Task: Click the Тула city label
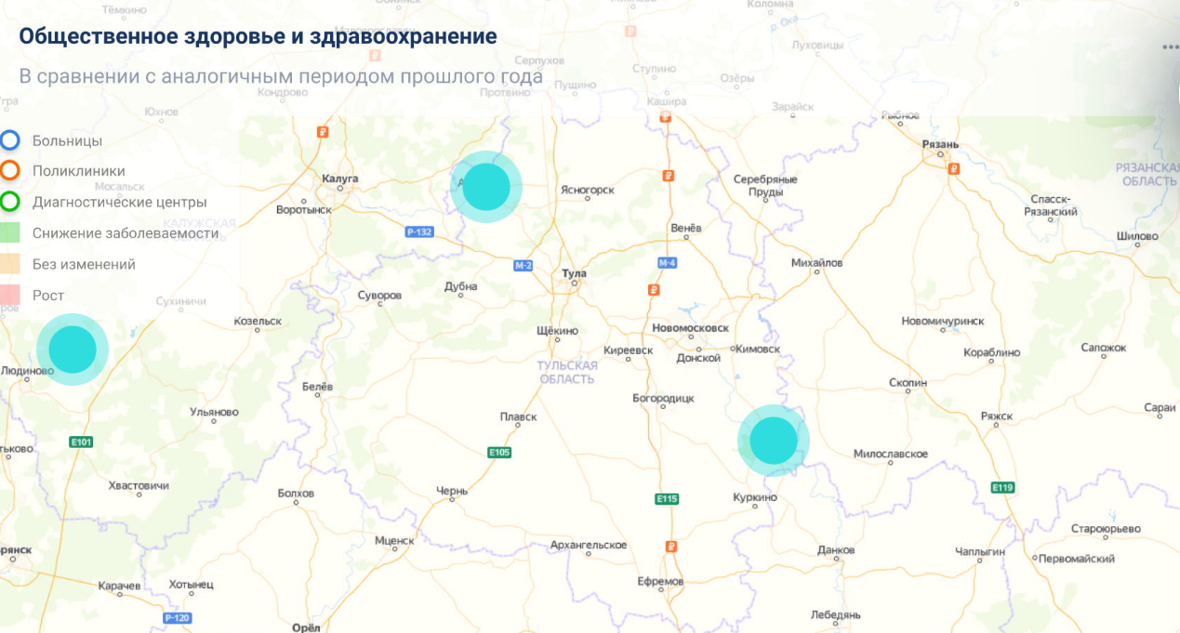tap(575, 274)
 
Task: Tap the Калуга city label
tap(339, 178)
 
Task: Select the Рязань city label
tap(940, 145)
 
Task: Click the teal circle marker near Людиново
tap(73, 349)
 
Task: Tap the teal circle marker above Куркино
tap(774, 441)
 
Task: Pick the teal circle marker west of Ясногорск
tap(486, 187)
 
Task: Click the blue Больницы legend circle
tap(10, 140)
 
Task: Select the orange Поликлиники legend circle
tap(10, 171)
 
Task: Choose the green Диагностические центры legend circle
tap(10, 202)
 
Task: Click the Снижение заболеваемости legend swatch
tap(10, 233)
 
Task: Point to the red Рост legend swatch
tap(10, 296)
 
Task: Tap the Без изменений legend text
tap(84, 265)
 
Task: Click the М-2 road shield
tap(524, 266)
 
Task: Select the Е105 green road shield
tap(499, 453)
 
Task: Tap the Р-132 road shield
tap(419, 231)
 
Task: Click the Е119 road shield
tap(1002, 487)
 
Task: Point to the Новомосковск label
tap(690, 329)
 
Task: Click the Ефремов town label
tap(660, 582)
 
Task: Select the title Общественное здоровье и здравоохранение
tap(258, 37)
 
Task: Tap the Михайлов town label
tap(816, 263)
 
